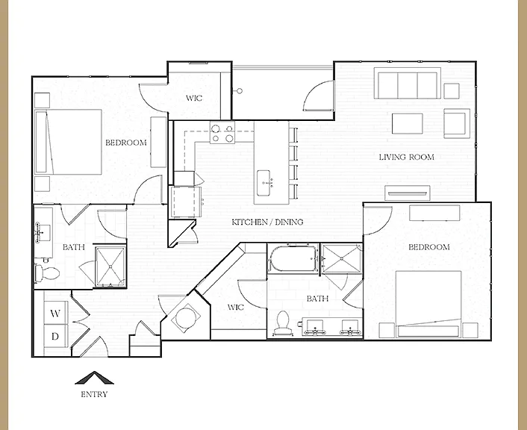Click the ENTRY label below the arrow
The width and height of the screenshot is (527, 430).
click(94, 394)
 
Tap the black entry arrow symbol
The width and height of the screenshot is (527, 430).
click(95, 378)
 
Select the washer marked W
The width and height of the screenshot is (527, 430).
click(56, 313)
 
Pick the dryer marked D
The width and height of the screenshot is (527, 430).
click(56, 336)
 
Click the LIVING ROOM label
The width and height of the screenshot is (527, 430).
click(406, 157)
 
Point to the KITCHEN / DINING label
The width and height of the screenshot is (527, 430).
click(267, 222)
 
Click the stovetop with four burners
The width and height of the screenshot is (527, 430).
click(222, 132)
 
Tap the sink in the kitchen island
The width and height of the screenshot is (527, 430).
click(263, 183)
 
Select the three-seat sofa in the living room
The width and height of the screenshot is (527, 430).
click(408, 83)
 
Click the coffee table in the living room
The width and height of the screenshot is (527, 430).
click(408, 123)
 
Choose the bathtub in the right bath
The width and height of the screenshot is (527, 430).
click(293, 259)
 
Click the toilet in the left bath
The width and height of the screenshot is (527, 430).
click(47, 272)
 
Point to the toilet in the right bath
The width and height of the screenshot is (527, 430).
click(282, 322)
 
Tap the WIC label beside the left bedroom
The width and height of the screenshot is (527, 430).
click(194, 99)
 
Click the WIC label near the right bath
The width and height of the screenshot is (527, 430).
click(236, 308)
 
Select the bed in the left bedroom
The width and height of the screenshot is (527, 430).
click(69, 142)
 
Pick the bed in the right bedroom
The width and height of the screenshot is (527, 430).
click(428, 304)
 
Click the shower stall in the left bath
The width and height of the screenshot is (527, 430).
click(110, 267)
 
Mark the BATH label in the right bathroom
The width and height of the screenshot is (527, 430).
click(317, 299)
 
